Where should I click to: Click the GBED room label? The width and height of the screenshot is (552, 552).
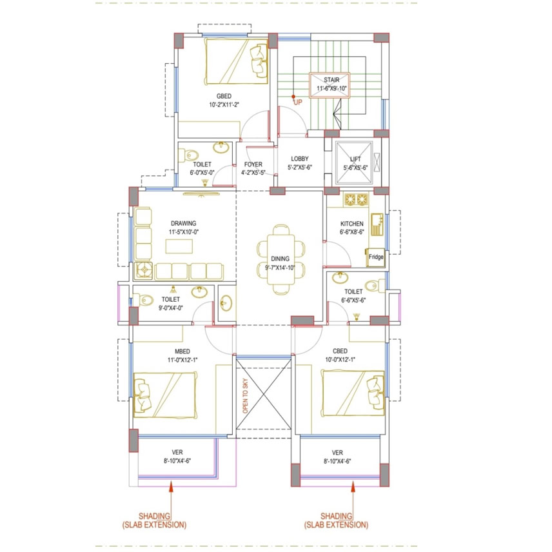(224, 96)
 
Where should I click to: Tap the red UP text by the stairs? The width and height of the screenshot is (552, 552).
(298, 103)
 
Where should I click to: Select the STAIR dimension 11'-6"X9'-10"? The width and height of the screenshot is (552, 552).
(331, 88)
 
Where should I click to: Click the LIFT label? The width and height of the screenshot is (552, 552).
(355, 159)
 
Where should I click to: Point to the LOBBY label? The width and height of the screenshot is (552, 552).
(300, 159)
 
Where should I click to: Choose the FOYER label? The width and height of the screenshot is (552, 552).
(253, 164)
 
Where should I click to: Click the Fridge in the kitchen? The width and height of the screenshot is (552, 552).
(376, 257)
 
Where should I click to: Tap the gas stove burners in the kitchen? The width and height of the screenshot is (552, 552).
(356, 200)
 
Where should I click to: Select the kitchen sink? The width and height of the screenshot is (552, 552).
(377, 224)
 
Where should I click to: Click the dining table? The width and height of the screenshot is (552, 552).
(281, 259)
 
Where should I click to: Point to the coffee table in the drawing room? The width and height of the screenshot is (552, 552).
(179, 246)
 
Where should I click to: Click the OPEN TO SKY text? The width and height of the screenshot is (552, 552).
(246, 396)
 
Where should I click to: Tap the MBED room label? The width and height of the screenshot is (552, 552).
(182, 351)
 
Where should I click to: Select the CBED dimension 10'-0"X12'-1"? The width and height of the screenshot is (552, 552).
(340, 360)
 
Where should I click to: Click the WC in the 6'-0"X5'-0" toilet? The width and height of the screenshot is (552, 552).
(188, 155)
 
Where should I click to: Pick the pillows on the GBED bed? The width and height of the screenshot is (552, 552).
(259, 60)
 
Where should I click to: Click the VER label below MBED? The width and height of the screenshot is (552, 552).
(177, 453)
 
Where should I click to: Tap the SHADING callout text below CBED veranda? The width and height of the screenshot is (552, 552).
(336, 520)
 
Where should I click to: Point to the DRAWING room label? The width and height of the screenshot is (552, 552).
(183, 224)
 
